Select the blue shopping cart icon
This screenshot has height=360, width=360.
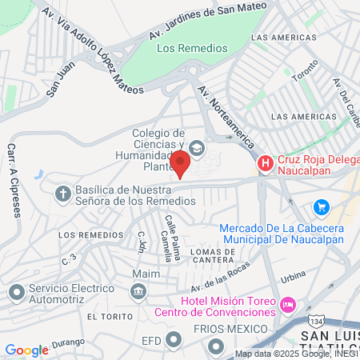click(x=321, y=207)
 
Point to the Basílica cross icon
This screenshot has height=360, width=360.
click(x=63, y=193)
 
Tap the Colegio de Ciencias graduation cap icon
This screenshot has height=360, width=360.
click(x=197, y=148)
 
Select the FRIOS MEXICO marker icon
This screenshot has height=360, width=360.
click(x=215, y=346)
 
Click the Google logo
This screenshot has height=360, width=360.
click(x=26, y=350)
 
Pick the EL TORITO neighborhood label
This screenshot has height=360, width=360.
click(x=106, y=317)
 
